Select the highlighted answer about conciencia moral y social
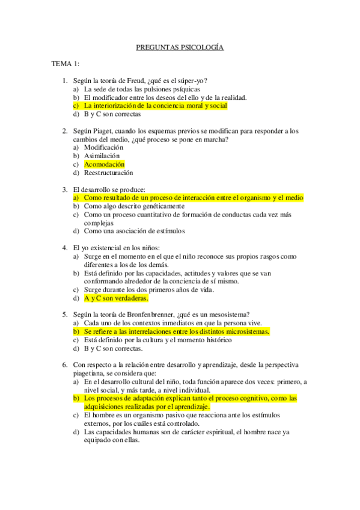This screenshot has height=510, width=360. (x=155, y=105)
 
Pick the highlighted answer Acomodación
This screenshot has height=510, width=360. (x=104, y=164)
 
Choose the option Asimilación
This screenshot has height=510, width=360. (x=102, y=156)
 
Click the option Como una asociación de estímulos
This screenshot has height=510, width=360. (x=135, y=230)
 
